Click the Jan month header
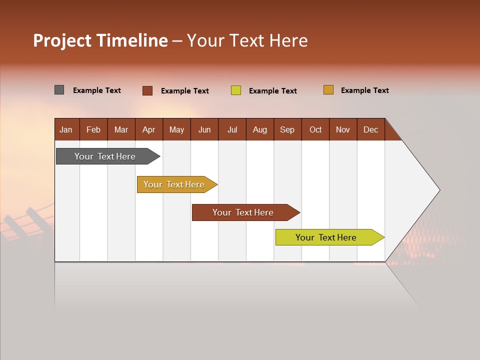(x=66, y=129)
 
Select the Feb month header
(x=93, y=129)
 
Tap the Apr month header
(x=148, y=129)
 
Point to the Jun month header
(x=204, y=129)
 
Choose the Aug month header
(x=259, y=129)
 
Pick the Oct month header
(x=315, y=129)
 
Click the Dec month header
(x=370, y=129)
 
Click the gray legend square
(x=59, y=90)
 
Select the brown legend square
(x=147, y=90)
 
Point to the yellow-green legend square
(x=236, y=90)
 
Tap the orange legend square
(x=328, y=90)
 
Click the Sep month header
(x=287, y=129)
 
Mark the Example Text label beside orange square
(x=364, y=90)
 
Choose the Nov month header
(x=343, y=129)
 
